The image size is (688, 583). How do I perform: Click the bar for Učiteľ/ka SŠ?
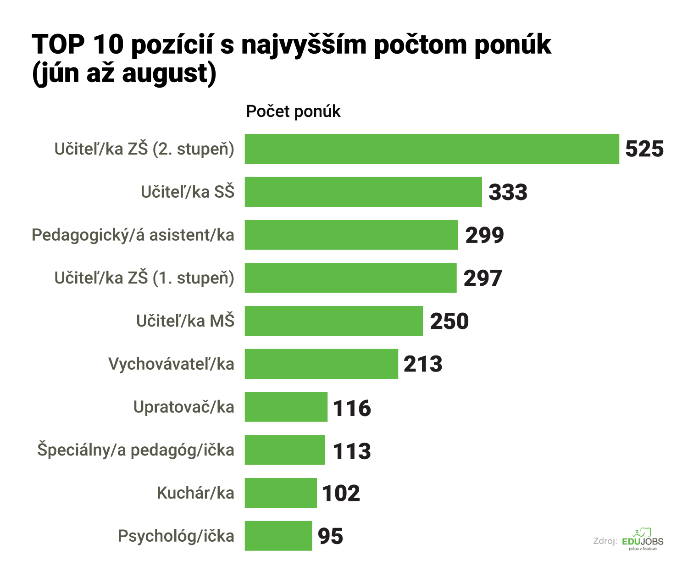pos(363,192)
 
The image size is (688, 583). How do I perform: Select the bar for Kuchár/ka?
pos(281,493)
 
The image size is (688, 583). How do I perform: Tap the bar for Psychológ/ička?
pos(278,536)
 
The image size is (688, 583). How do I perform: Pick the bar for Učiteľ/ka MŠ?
pos(333,321)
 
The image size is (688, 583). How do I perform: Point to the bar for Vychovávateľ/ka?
pos(321,364)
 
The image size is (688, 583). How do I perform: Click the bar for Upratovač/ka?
pos(286,407)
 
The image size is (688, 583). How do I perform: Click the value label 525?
pos(644,149)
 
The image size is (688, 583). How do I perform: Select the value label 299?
pos(484,235)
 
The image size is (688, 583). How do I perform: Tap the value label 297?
pos(483,278)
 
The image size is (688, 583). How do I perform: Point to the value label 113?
pos(351,451)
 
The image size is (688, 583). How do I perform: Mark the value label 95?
pos(330,536)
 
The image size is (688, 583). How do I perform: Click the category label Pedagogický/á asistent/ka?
pos(133,235)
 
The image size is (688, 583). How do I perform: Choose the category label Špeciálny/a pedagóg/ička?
pos(136,450)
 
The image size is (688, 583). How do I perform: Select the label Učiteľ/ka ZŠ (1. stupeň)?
pos(144,278)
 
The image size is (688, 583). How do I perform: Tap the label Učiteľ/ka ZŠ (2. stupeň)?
pos(144,149)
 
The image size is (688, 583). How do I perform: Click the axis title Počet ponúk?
pos(293,111)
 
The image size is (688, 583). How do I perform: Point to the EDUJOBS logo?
pos(642,540)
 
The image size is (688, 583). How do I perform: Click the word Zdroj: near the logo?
pos(605,541)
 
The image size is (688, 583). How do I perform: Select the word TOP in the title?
pos(58,44)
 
